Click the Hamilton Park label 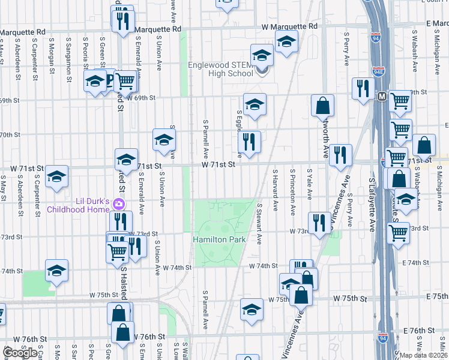point(220,239)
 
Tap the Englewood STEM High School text point(220,69)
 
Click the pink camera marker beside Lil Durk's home point(120,205)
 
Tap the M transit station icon point(382,96)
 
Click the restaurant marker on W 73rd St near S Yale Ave point(319,222)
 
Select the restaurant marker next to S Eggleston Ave point(249,142)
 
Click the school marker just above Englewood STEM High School point(262,56)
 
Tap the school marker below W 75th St point(252,308)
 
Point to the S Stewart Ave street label point(259,223)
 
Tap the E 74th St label point(421,263)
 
